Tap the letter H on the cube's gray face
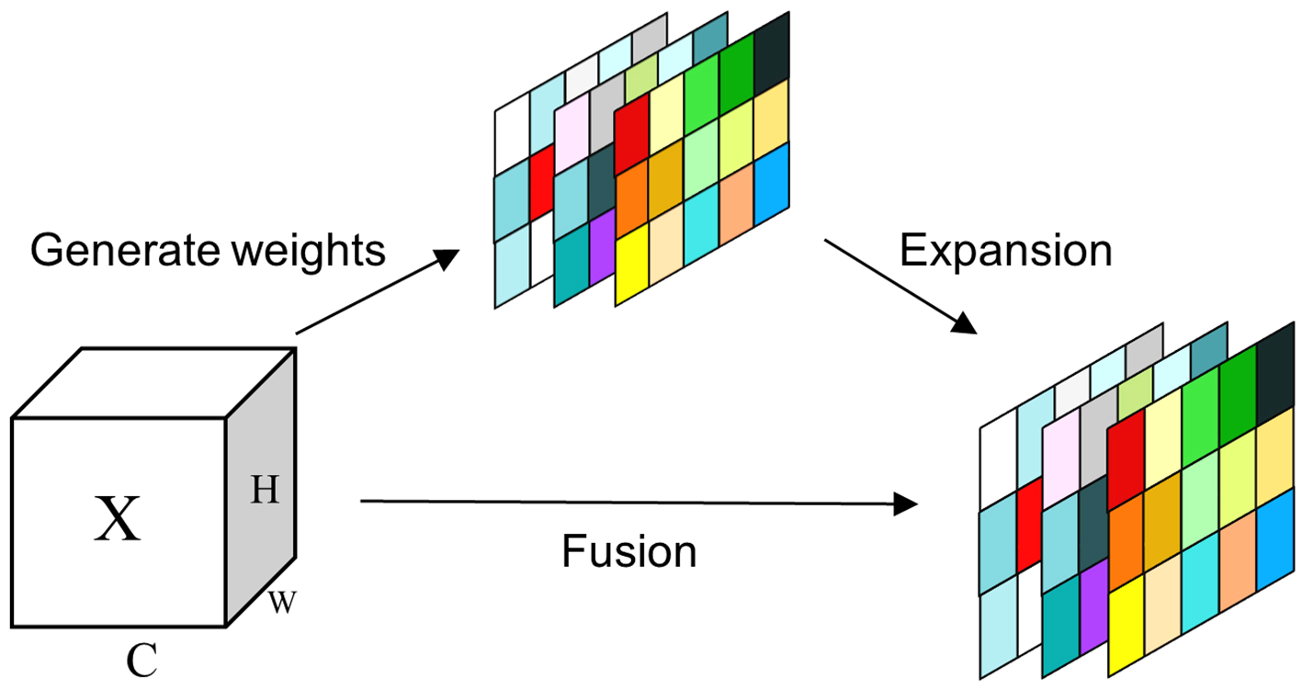pyautogui.click(x=266, y=492)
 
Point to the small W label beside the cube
pyautogui.click(x=282, y=604)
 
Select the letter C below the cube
pyautogui.click(x=142, y=661)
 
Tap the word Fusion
pyautogui.click(x=629, y=553)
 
